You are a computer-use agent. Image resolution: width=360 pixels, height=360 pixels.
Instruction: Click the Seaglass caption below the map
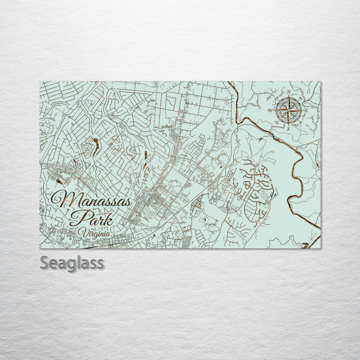pos(72,263)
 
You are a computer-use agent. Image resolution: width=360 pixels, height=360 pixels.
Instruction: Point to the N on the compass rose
pos(288,91)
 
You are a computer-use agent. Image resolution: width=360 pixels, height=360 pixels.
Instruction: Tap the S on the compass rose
pos(287,128)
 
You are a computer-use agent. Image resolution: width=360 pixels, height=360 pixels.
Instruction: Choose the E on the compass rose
pos(305,110)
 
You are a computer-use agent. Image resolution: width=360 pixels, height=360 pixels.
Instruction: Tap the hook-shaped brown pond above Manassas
pos(94,146)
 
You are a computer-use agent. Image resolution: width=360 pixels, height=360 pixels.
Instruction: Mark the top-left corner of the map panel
pos(40,81)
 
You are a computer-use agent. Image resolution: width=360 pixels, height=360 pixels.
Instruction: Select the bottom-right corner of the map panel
pos(320,248)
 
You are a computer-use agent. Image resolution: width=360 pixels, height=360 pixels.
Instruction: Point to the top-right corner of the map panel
pos(320,81)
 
